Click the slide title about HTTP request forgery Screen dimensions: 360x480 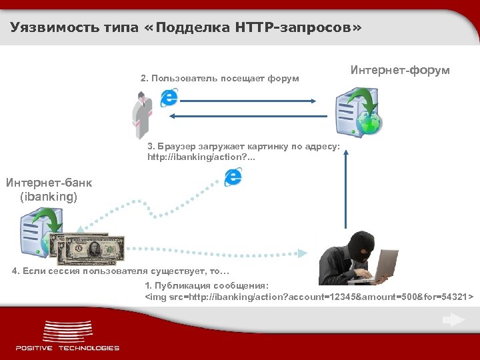(187, 28)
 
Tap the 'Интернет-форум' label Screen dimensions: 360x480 (400, 70)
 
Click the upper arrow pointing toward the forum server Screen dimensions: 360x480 (247, 101)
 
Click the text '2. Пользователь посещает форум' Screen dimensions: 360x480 (220, 79)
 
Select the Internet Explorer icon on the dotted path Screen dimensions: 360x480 (233, 177)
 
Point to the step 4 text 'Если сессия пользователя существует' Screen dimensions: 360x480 (121, 271)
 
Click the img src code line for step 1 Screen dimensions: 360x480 (309, 295)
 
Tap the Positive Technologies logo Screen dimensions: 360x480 (67, 337)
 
